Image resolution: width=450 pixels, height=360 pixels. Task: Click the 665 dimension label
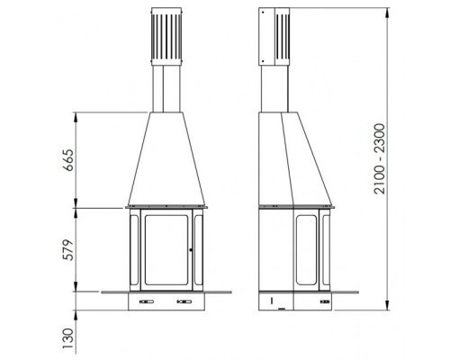[69, 160]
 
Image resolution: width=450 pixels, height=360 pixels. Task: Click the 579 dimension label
[69, 250]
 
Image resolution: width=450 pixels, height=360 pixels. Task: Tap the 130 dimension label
[69, 338]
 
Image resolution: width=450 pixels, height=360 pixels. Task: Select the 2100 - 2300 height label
[380, 159]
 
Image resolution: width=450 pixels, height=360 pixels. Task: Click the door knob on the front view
[191, 249]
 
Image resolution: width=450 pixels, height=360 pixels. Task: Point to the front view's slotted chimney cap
[166, 37]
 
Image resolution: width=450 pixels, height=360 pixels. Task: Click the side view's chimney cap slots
[282, 37]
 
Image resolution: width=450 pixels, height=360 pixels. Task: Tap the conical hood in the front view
[166, 159]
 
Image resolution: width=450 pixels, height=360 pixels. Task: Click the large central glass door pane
[166, 250]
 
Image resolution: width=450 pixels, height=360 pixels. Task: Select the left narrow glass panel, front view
[134, 250]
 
